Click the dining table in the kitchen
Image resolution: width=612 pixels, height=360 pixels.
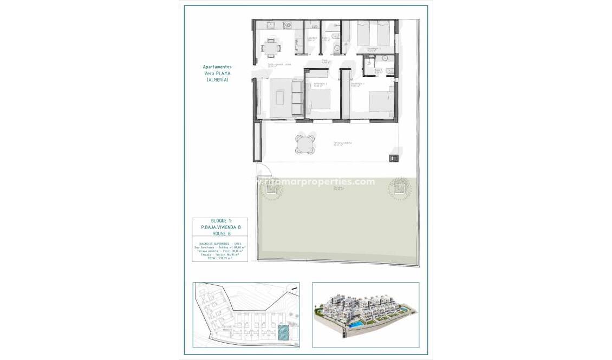coord(271,48)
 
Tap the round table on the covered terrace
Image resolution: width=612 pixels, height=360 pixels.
coord(304,144)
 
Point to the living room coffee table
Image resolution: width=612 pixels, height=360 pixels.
coord(280,98)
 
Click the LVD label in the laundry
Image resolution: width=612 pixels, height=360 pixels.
coord(314,26)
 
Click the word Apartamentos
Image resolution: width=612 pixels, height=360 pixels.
coord(217,67)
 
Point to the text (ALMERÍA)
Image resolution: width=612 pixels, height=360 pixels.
coord(217,80)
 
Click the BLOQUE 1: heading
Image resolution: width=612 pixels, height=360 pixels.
coord(220,221)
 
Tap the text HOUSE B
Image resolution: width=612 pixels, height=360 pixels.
coord(220,233)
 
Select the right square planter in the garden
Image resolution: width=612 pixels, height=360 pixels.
coord(400,188)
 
